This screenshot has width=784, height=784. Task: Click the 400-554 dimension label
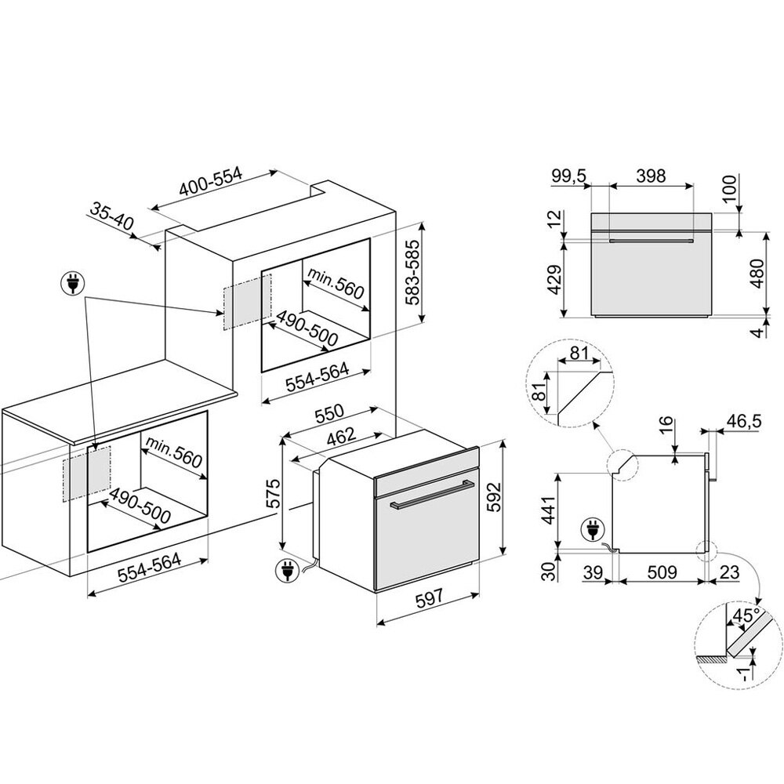(211, 182)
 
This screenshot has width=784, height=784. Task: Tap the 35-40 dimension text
(112, 216)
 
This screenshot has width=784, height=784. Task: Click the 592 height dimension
(493, 497)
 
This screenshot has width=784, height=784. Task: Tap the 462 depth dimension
(340, 437)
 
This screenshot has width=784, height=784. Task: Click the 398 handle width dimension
(651, 176)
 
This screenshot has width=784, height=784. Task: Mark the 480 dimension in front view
(758, 274)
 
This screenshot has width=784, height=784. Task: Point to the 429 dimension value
(555, 280)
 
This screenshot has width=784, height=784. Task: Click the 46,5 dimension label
(743, 421)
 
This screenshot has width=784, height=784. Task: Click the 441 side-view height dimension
(549, 510)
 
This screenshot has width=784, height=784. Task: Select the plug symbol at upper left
(73, 284)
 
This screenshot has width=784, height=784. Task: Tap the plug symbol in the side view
(593, 531)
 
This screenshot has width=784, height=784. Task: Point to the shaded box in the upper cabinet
(247, 302)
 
